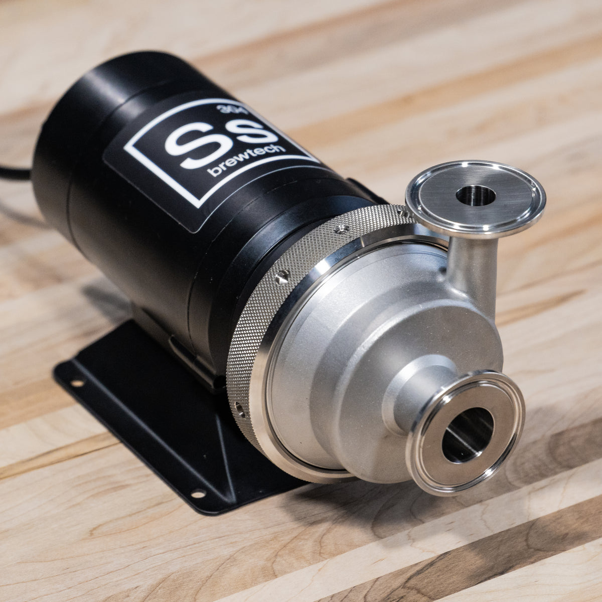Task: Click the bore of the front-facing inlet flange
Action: point(467,434)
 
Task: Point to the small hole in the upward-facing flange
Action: point(476,195)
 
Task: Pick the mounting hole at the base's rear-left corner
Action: point(77,383)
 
